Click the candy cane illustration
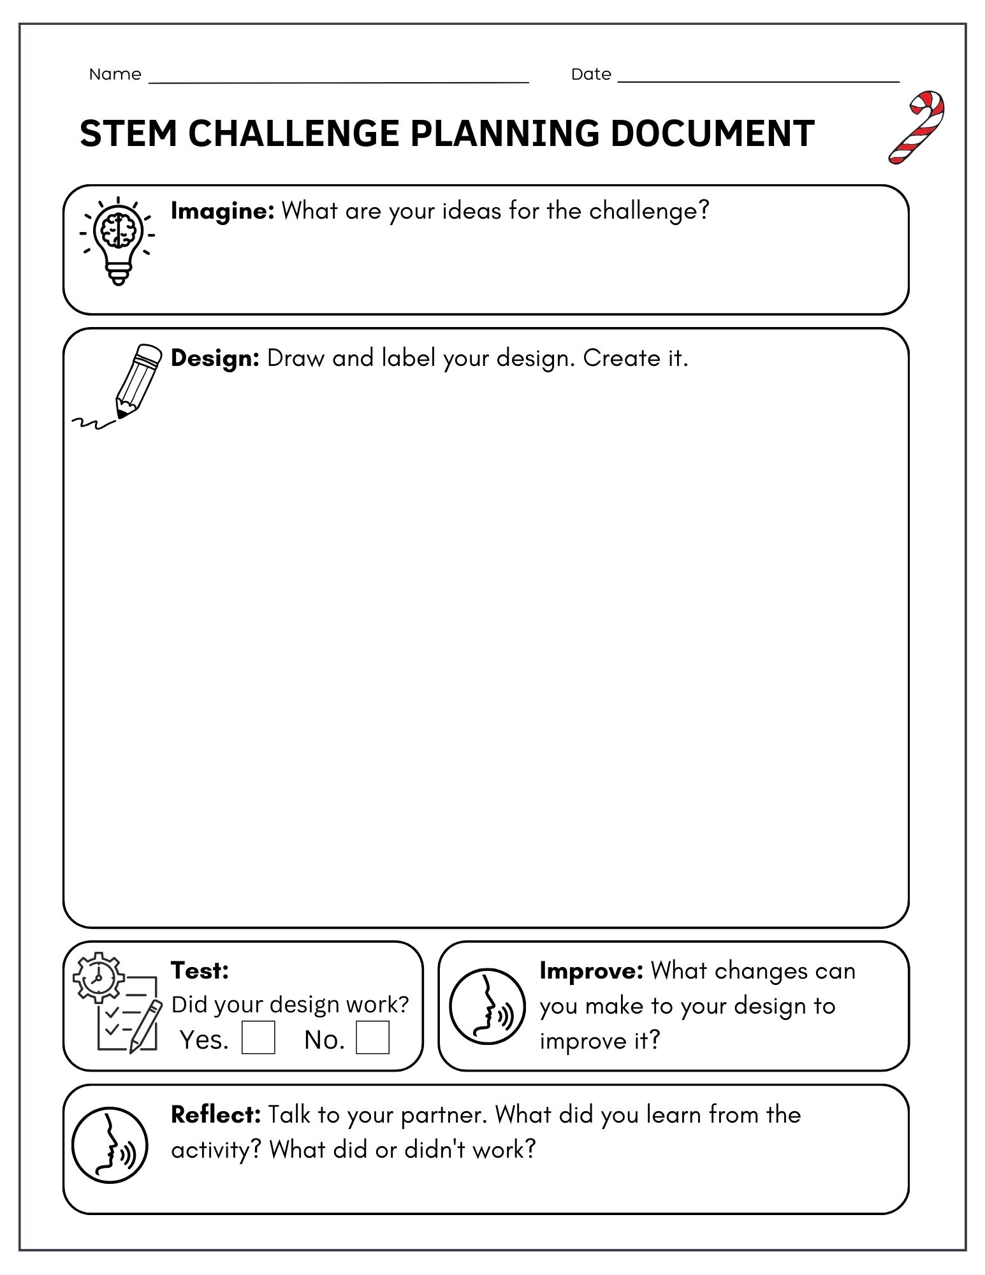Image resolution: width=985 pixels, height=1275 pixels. click(917, 127)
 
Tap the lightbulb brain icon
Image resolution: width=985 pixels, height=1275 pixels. click(118, 240)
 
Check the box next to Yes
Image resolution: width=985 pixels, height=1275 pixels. click(258, 1037)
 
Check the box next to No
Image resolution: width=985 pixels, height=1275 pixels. click(372, 1037)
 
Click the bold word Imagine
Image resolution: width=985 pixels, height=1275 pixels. click(223, 211)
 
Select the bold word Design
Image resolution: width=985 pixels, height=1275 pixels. click(215, 358)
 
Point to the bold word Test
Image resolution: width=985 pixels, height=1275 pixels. click(200, 970)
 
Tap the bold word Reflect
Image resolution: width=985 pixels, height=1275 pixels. click(215, 1114)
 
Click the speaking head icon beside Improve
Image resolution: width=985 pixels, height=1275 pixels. click(488, 1007)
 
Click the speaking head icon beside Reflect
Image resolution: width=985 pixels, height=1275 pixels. click(110, 1145)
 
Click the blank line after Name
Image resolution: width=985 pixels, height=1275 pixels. click(338, 80)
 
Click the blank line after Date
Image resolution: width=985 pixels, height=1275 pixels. click(759, 80)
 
